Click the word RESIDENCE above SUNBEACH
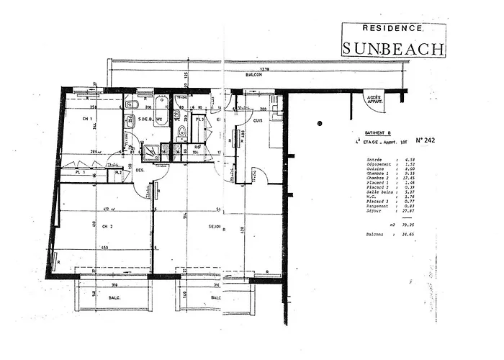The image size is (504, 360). pos(392,29)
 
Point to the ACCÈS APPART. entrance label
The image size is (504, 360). pos(374,100)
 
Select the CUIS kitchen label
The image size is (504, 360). pos(257,120)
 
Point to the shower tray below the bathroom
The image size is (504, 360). pos(152,150)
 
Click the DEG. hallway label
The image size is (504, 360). pos(140,171)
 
